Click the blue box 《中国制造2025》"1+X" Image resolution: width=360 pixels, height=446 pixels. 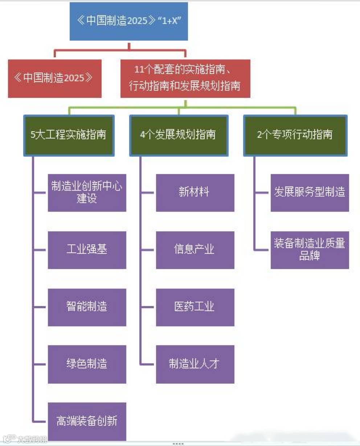(x=129, y=21)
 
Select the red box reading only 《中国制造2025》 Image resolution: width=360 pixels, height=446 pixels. (x=55, y=78)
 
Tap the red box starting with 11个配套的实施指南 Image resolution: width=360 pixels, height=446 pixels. (x=185, y=78)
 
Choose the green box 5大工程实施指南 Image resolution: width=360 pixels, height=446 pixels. (x=69, y=135)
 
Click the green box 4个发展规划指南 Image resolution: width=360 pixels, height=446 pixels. (x=179, y=135)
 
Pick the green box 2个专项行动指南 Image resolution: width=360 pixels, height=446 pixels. (x=295, y=135)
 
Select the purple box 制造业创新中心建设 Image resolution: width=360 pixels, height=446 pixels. (x=87, y=193)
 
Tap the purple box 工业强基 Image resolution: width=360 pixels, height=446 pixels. (x=87, y=250)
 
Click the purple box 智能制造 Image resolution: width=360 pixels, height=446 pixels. (x=87, y=307)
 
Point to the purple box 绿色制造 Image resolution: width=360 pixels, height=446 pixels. (x=87, y=364)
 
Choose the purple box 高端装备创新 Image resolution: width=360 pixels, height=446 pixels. (x=87, y=421)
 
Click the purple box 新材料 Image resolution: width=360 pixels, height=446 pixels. (x=195, y=193)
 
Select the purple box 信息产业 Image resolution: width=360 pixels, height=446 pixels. (x=195, y=250)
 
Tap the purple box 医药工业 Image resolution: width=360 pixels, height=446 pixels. (x=195, y=307)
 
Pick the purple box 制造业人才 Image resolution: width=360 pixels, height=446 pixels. (x=195, y=364)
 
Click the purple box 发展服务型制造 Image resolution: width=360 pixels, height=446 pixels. (x=310, y=193)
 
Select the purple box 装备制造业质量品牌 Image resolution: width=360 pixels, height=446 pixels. (x=310, y=250)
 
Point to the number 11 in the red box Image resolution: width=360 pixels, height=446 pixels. (x=139, y=70)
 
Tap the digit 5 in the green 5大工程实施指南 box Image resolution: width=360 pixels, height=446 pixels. (x=33, y=135)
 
